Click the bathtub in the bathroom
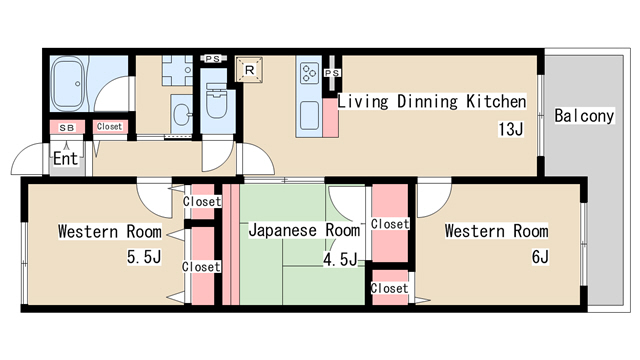coord(69,84)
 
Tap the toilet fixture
coord(216,101)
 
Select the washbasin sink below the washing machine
coord(181,114)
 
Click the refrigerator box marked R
coord(249,70)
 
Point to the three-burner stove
coord(309,73)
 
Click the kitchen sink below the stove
coord(309,115)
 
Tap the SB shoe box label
coord(67,128)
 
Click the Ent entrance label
coord(65,158)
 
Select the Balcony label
coord(584,116)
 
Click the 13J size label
coord(511,129)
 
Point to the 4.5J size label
coord(340,259)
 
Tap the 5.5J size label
coord(144,257)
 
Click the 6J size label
coord(540,257)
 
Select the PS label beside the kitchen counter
coord(332,73)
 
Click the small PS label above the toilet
coord(212,59)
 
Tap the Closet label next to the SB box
coord(109,127)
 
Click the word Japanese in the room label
coord(282,230)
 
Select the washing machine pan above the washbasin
coord(177,71)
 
